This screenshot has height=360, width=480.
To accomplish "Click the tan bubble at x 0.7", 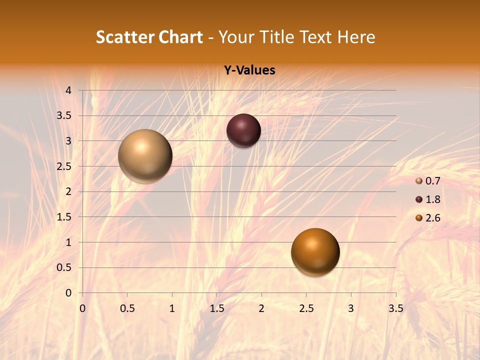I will coord(145,156).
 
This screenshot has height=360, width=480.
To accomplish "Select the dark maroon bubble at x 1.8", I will coord(243,130).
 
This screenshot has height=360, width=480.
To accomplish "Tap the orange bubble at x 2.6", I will coord(315,252).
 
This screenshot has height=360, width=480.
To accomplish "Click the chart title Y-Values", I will coord(249,70).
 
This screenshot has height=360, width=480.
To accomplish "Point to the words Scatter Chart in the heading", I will coord(149,37).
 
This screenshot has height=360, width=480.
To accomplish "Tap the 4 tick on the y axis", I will coord(69,90).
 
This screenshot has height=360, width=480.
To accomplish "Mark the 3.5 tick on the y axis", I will coord(64,115).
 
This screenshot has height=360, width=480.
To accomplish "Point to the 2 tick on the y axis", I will coord(69,191).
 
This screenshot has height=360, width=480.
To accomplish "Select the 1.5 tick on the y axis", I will coord(64,217).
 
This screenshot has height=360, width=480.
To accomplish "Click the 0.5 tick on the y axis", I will coord(64,267).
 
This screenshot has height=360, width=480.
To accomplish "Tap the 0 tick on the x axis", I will coord(82,308).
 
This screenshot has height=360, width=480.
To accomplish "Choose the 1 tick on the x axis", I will coord(172,308).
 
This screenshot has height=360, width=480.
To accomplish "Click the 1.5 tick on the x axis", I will coord(217,308).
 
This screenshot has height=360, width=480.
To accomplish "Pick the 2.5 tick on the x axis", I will coord(306,308).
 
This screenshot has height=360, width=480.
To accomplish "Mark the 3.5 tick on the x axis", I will coord(396,308).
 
